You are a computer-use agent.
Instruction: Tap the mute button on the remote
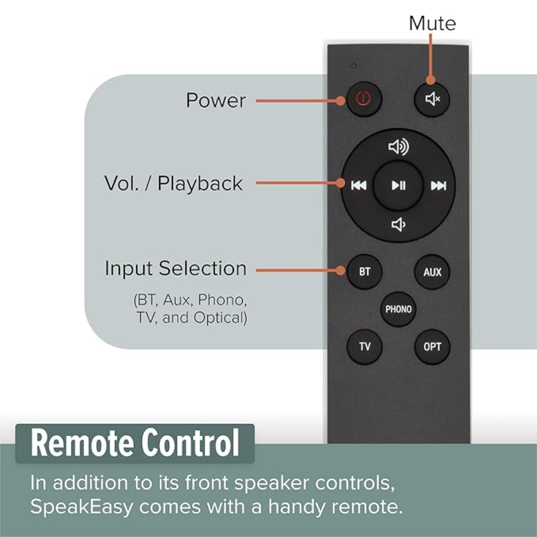click(432, 99)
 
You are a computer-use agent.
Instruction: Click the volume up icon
click(398, 147)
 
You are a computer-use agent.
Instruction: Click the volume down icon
click(398, 225)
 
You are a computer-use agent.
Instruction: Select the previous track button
click(358, 185)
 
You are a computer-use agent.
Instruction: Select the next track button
click(439, 185)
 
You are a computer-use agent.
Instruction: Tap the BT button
click(364, 271)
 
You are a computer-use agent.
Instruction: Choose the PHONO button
click(398, 309)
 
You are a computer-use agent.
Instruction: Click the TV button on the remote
click(364, 347)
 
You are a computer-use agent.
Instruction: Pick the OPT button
click(432, 347)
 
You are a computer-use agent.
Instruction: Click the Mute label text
click(432, 23)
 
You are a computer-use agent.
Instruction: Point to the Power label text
click(216, 100)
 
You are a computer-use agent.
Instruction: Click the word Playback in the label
click(200, 183)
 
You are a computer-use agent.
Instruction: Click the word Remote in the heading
click(83, 443)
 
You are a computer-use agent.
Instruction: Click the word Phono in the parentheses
click(222, 300)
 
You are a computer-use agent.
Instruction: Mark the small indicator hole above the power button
click(355, 66)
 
